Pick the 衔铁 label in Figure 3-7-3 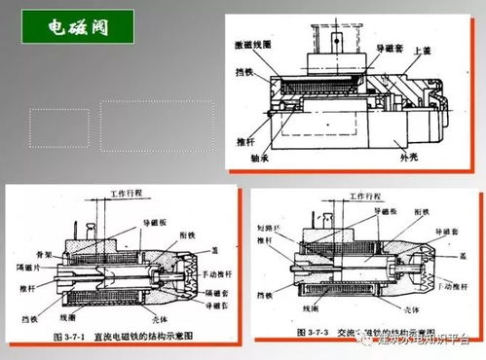(424, 210)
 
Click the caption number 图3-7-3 (277, 333)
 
